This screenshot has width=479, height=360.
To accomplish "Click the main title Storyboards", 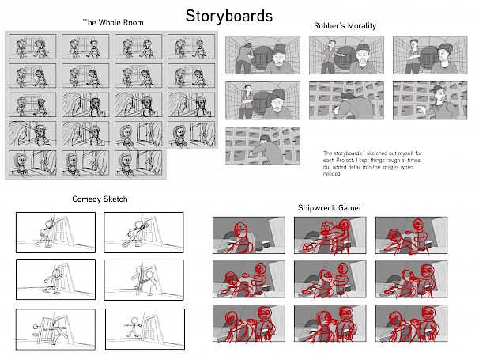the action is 228,16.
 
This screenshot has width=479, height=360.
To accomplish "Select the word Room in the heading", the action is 134,23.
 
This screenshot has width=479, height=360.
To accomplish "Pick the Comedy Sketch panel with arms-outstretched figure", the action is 145,329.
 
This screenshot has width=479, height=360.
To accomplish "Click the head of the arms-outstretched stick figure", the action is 134,320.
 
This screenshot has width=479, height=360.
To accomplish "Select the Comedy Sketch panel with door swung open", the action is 55,329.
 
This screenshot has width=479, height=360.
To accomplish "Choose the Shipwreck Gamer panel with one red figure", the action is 249,235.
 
